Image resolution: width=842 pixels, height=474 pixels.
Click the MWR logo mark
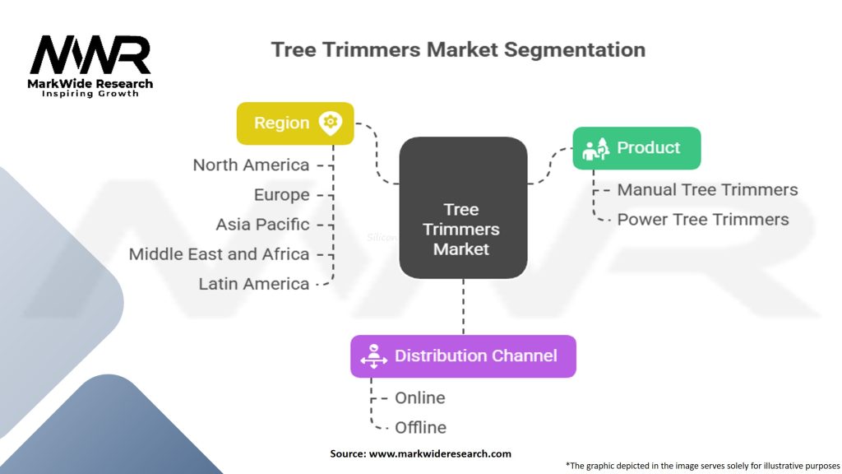90,55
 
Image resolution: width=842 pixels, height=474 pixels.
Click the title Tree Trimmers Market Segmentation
458,49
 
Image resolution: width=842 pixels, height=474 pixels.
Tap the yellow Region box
295,123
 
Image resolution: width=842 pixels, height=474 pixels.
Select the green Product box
637,148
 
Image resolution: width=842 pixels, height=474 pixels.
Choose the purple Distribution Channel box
464,355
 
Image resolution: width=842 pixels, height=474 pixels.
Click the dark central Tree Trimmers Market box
463,207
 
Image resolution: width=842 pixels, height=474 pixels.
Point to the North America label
251,165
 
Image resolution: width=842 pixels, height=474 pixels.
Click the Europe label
282,194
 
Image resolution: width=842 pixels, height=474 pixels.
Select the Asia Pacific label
262,224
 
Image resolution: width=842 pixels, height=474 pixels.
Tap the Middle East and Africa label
219,253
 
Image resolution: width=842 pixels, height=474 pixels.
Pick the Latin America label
254,284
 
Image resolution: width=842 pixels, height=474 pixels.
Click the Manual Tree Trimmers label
707,190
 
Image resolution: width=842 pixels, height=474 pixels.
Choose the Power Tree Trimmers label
703,219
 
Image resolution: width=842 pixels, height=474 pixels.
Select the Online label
420,397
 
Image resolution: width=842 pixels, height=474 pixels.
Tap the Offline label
420,427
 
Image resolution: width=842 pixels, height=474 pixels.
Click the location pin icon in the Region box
331,123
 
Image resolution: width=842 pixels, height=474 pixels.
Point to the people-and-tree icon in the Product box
595,148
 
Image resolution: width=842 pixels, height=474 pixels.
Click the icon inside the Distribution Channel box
374,356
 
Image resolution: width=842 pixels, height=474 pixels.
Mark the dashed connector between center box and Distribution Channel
464,306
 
